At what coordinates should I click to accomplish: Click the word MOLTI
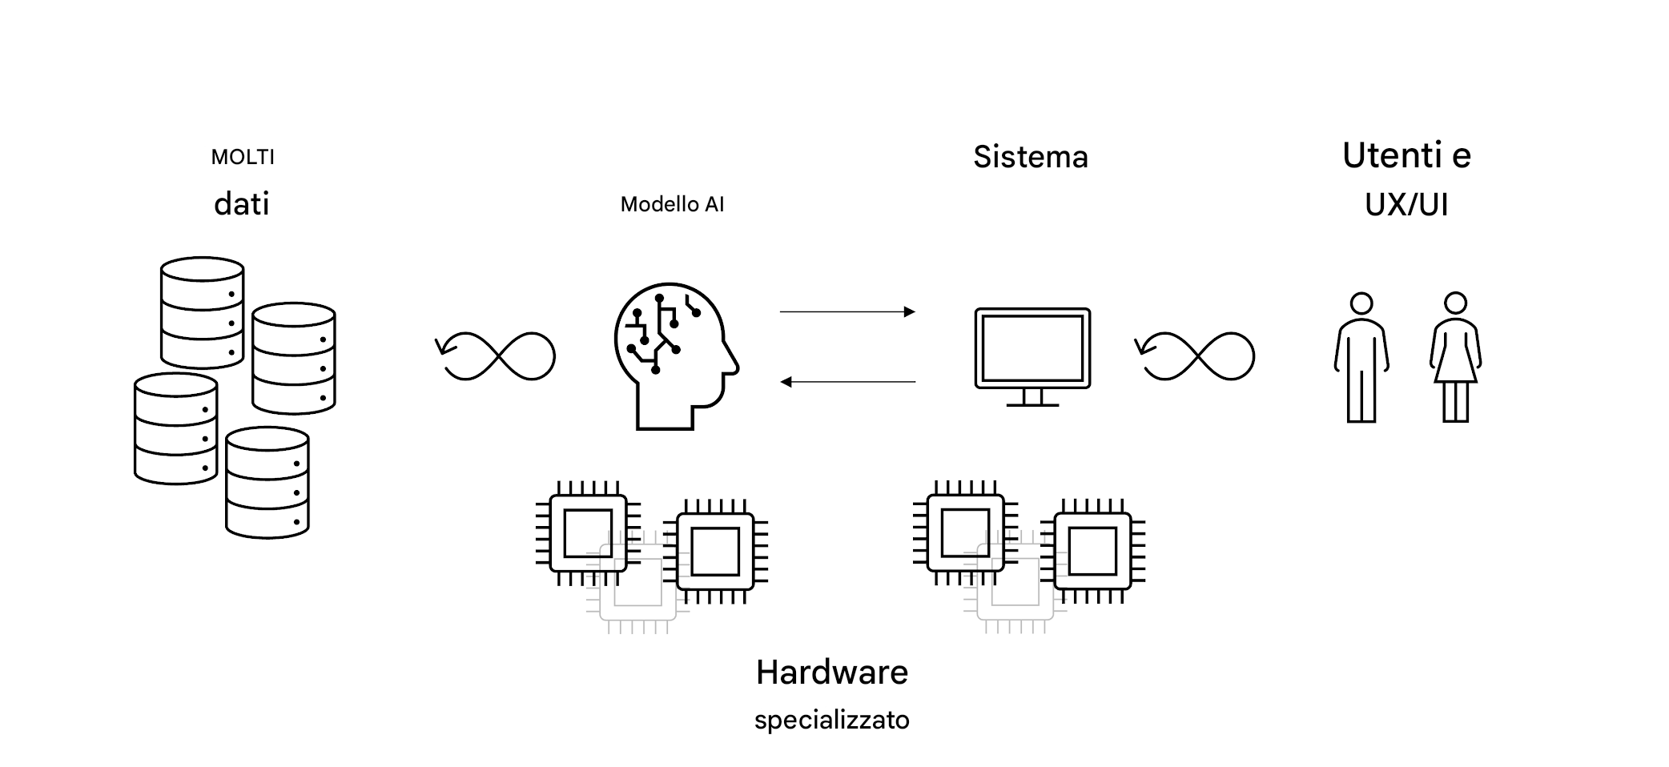243,157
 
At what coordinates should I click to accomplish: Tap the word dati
241,204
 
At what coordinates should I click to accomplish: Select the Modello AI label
672,204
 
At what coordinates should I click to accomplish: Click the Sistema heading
1031,157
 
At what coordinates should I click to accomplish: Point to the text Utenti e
1406,155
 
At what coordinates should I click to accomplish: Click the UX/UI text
1406,205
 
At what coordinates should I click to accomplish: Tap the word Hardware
831,673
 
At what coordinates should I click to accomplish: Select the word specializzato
831,720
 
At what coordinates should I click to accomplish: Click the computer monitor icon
1032,349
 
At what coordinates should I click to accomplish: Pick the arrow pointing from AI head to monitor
847,311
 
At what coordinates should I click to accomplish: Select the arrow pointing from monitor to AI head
847,382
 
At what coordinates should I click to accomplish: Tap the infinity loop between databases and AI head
497,355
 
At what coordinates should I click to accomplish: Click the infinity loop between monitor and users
1196,355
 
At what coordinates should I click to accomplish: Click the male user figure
1361,357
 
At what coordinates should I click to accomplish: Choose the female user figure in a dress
1455,357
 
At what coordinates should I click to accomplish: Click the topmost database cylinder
202,312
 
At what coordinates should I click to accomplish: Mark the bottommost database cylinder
267,483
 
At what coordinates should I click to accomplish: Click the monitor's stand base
1032,404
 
